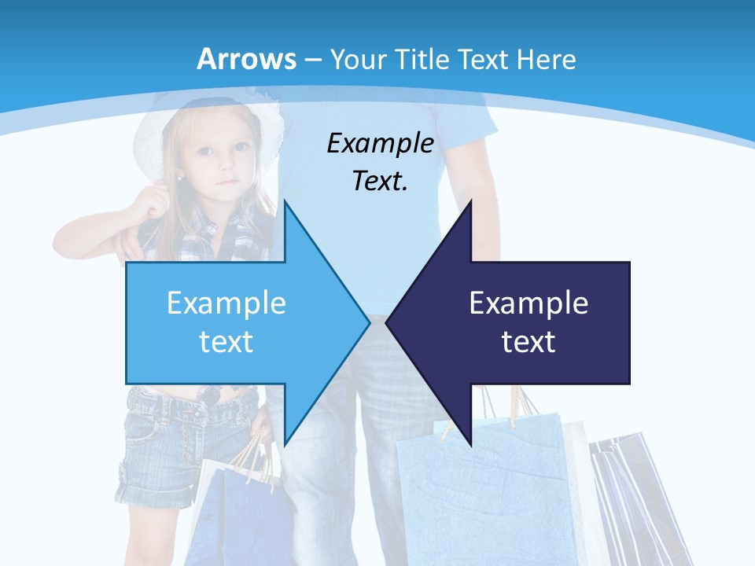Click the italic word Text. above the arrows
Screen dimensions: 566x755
(380, 181)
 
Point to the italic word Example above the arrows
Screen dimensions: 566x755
(380, 144)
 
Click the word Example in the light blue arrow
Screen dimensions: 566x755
(226, 303)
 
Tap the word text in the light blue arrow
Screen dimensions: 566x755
(226, 342)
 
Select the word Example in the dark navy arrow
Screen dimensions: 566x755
(528, 303)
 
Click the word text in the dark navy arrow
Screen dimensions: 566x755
(528, 342)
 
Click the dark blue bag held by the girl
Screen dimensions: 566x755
(236, 511)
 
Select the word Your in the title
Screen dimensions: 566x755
(357, 60)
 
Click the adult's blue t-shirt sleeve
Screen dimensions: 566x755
(480, 118)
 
